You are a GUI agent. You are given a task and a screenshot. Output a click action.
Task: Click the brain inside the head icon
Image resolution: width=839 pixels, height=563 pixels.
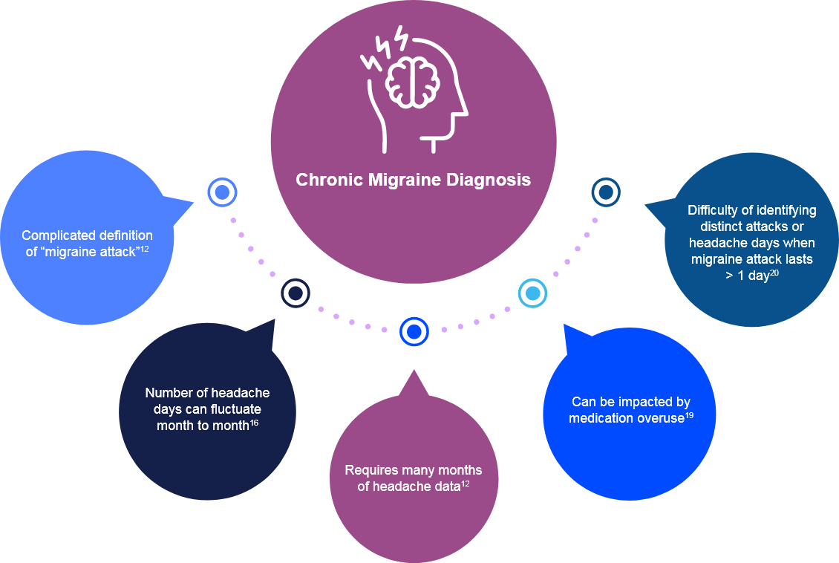tap(413, 80)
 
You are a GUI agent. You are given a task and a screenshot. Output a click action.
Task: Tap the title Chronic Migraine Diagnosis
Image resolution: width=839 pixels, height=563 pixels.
tap(413, 180)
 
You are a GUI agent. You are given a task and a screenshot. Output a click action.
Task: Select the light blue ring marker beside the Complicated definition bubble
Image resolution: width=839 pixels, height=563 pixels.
tap(221, 193)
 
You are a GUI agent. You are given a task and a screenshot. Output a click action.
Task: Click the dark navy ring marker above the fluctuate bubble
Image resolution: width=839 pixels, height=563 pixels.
tap(295, 293)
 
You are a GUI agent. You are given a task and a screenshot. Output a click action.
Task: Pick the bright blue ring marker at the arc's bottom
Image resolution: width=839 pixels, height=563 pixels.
tap(414, 331)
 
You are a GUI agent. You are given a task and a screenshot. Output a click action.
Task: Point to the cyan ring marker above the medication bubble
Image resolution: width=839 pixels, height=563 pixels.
tap(532, 293)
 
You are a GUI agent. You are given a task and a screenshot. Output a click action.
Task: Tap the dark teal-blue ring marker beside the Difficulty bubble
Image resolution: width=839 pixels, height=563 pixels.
tap(606, 193)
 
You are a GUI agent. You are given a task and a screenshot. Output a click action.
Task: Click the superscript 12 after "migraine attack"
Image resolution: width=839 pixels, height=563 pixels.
tap(145, 248)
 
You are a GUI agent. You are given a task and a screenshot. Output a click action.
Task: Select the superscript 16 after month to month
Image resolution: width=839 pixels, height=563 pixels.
tap(254, 423)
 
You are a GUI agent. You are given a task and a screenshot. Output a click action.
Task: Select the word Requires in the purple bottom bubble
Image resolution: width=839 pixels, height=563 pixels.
tap(369, 470)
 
